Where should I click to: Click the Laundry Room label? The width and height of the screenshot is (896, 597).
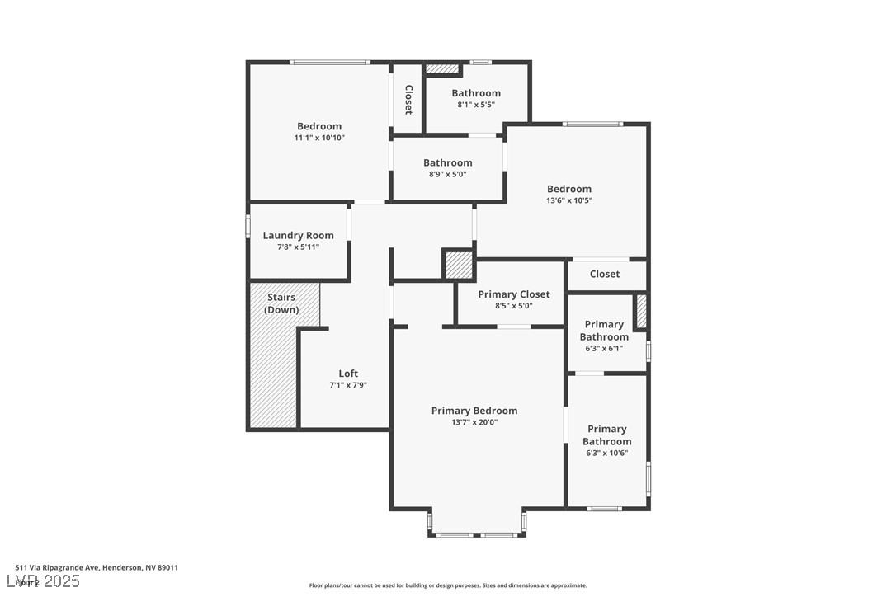[x=298, y=236]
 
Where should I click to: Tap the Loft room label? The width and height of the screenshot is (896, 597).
[x=348, y=374]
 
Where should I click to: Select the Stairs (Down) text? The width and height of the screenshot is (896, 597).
[x=281, y=303]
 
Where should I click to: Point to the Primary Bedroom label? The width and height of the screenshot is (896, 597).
[x=474, y=411]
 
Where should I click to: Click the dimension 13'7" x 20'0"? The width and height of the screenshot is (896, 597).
[x=474, y=422]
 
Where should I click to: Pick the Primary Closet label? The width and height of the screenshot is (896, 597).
[x=513, y=294]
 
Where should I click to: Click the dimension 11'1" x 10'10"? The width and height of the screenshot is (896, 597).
[x=319, y=138]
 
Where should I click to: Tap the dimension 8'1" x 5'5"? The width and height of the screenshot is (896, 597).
[x=476, y=105]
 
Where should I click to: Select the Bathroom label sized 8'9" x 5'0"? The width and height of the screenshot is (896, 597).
[x=448, y=163]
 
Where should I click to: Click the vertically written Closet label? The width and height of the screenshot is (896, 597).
[x=408, y=99]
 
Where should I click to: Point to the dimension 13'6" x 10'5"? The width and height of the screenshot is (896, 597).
[x=568, y=200]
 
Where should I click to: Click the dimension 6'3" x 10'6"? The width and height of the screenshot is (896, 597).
[x=606, y=453]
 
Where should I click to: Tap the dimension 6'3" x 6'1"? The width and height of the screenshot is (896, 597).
[x=604, y=348]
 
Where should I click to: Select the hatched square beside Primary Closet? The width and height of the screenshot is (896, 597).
[x=458, y=265]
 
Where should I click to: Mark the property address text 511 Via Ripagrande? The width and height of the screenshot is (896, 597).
[x=96, y=567]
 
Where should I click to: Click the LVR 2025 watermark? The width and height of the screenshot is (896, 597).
[x=47, y=581]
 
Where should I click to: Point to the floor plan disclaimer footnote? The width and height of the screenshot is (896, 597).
[x=448, y=585]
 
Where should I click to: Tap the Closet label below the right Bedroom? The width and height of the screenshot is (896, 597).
[x=604, y=274]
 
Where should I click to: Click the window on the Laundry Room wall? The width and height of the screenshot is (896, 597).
[x=248, y=227]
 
